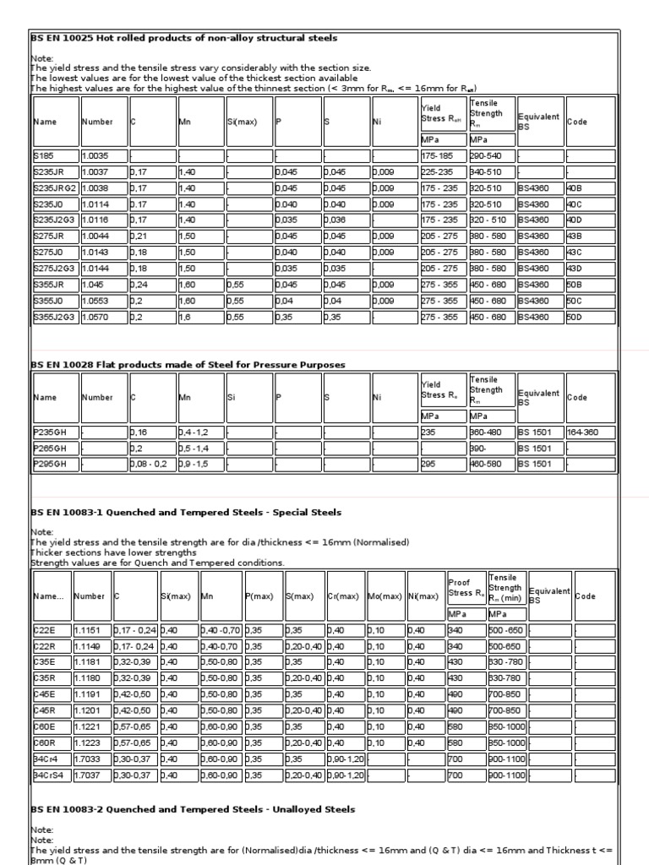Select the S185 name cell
[x=55, y=156]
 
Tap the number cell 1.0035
[x=103, y=156]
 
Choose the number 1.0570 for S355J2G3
[x=103, y=317]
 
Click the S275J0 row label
[x=55, y=253]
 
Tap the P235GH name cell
[x=55, y=432]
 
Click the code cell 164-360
[x=590, y=432]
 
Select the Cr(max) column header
[x=345, y=596]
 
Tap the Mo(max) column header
[x=385, y=596]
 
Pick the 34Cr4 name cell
[x=51, y=759]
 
